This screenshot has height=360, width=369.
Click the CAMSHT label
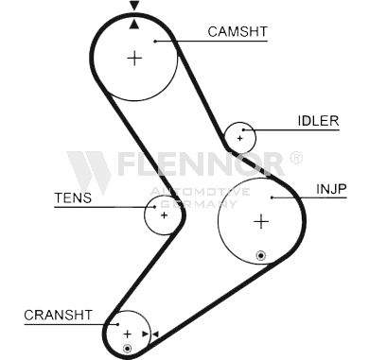pyautogui.click(x=237, y=31)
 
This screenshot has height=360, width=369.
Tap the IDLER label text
pyautogui.click(x=318, y=121)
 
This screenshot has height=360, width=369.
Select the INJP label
pyautogui.click(x=331, y=189)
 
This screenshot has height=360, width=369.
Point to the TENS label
pyautogui.click(x=73, y=197)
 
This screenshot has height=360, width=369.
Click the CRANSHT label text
pyautogui.click(x=58, y=315)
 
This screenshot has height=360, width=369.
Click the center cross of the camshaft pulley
pyautogui.click(x=134, y=59)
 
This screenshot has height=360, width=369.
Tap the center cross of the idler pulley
pyautogui.click(x=240, y=138)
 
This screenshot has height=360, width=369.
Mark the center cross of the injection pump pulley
pyautogui.click(x=261, y=221)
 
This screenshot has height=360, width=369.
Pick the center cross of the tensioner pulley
pyautogui.click(x=164, y=215)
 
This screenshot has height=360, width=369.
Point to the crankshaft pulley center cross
pyautogui.click(x=127, y=334)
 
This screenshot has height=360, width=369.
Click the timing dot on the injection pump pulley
pyautogui.click(x=260, y=255)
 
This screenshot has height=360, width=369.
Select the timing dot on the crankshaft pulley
pyautogui.click(x=127, y=348)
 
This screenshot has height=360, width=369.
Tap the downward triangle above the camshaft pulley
pyautogui.click(x=134, y=6)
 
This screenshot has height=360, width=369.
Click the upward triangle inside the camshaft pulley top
pyautogui.click(x=134, y=24)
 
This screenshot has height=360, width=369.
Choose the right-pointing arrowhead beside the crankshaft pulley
pyautogui.click(x=146, y=334)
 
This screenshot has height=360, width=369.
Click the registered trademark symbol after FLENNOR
pyautogui.click(x=296, y=158)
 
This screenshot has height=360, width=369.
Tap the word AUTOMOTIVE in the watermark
pyautogui.click(x=200, y=192)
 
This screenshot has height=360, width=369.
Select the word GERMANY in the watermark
pyautogui.click(x=199, y=204)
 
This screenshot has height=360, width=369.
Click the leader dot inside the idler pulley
pyautogui.click(x=243, y=129)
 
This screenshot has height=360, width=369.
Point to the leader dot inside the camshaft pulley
pyautogui.click(x=155, y=41)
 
